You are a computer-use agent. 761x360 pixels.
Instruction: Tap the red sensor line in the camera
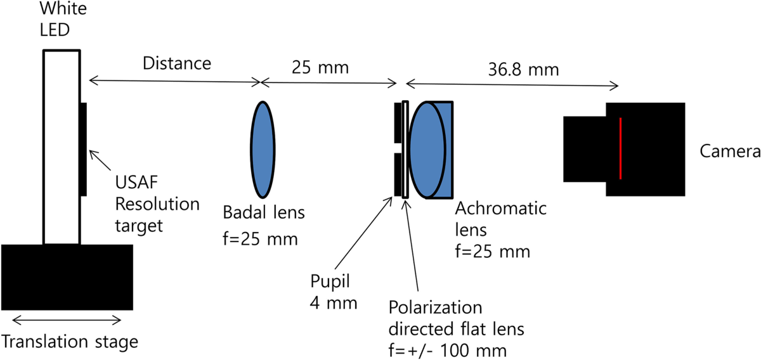click(620, 149)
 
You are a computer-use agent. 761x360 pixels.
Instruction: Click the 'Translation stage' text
click(70, 343)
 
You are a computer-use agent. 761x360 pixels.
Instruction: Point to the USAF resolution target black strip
click(84, 149)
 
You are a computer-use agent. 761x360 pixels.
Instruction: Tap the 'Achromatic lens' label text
click(493, 218)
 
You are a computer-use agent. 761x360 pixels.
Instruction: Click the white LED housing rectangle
click(62, 146)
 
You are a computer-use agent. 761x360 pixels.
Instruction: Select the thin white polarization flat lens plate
click(405, 150)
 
